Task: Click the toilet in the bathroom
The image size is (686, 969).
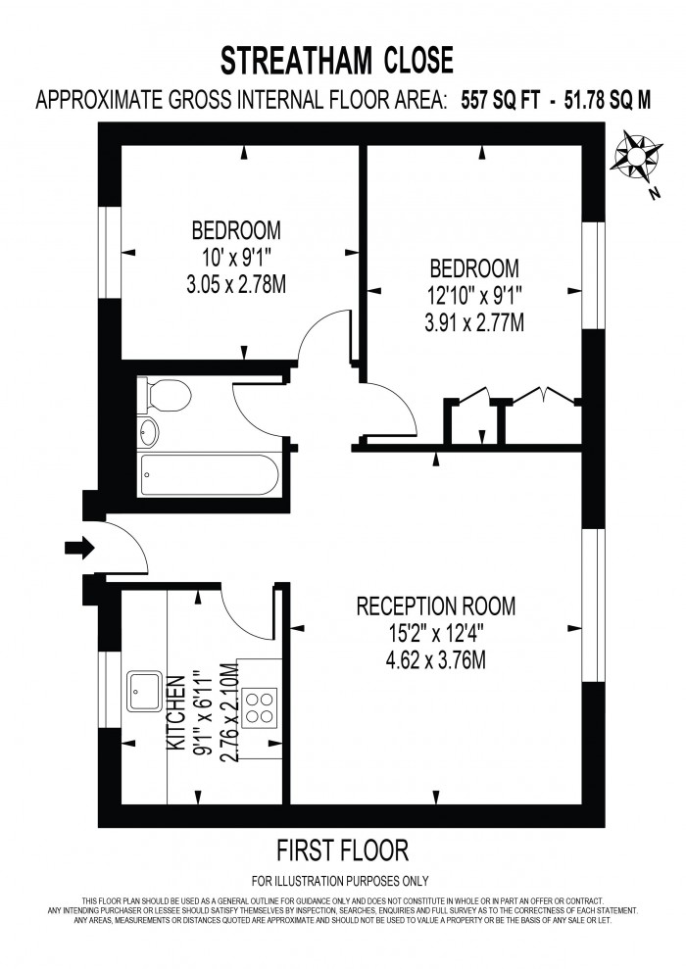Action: click(165, 396)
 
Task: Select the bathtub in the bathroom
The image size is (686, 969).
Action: click(210, 474)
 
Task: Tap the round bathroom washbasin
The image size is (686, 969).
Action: click(149, 432)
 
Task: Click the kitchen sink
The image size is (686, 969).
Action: click(145, 692)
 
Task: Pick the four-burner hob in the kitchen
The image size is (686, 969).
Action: click(260, 707)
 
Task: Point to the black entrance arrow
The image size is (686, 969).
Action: click(79, 548)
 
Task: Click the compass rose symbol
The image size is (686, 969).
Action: click(636, 155)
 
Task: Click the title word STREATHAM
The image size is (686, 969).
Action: click(297, 61)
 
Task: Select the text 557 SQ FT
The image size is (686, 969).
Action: click(501, 101)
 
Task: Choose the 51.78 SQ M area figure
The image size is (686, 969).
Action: click(609, 101)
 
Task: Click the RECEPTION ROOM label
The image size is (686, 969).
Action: click(436, 606)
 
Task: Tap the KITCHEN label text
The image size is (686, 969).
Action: click(176, 713)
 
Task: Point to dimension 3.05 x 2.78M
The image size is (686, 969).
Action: click(236, 285)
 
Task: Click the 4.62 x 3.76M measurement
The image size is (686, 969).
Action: click(436, 660)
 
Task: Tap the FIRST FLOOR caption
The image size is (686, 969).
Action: click(342, 851)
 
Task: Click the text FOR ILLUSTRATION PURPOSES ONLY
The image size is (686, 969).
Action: click(340, 881)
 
